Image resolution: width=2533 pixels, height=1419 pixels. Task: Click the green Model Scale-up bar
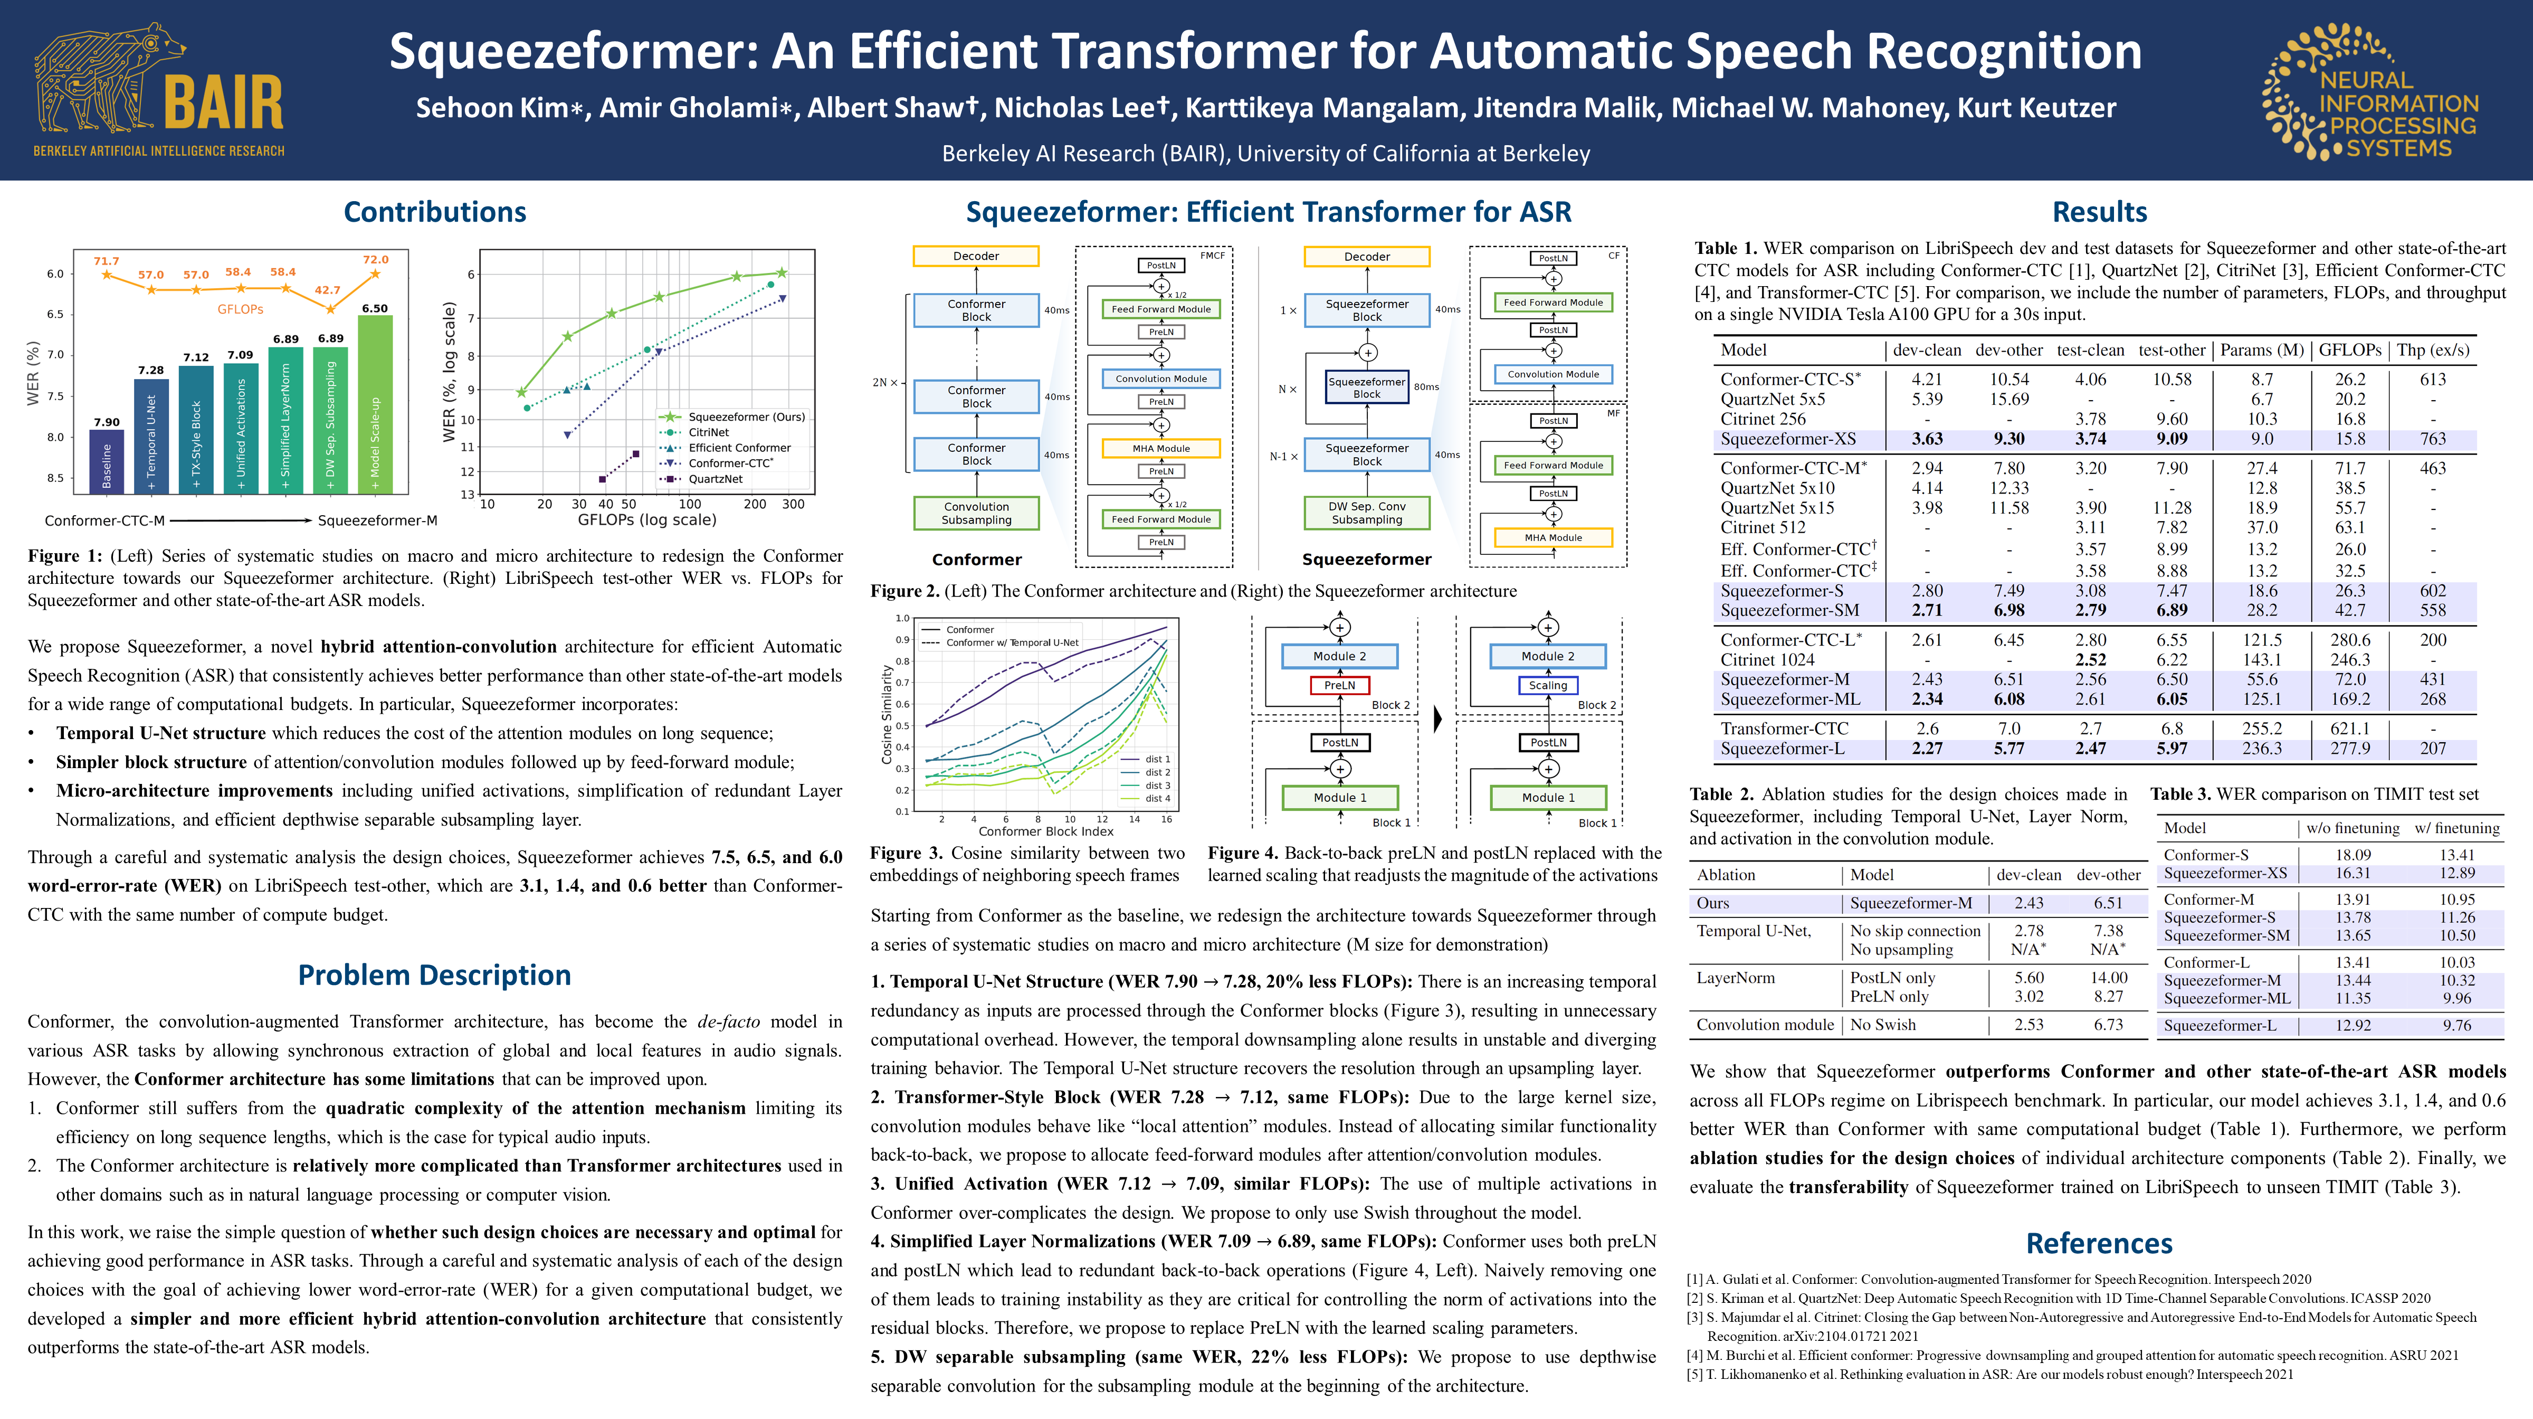click(375, 403)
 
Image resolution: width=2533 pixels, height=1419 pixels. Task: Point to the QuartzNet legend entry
click(715, 479)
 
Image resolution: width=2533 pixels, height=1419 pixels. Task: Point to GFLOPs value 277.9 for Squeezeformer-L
click(2349, 749)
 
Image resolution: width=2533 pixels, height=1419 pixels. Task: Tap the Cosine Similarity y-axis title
click(887, 715)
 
